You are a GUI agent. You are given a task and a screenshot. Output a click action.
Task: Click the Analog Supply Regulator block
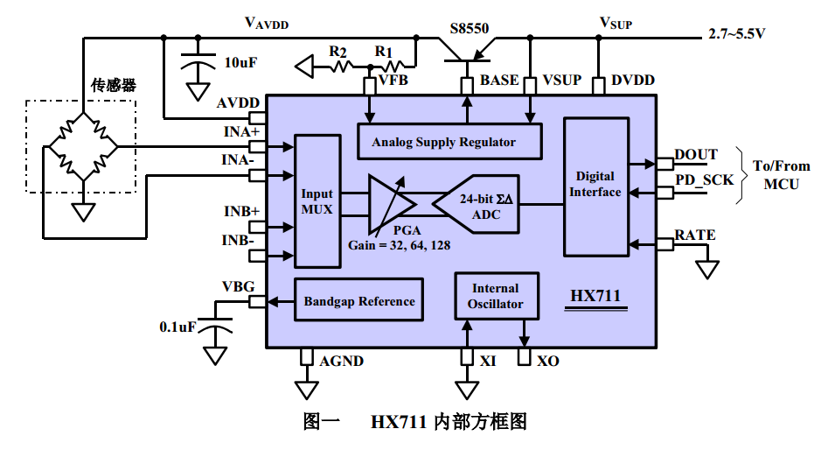coord(449,142)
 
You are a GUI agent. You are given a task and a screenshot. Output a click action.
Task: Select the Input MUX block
coord(317,201)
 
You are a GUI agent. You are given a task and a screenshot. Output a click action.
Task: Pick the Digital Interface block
coord(597,185)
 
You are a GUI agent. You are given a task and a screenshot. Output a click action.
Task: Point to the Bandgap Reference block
coord(358,301)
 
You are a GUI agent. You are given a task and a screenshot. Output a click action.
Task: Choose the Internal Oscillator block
coord(495,296)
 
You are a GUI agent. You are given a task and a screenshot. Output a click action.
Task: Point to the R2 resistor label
coord(338,51)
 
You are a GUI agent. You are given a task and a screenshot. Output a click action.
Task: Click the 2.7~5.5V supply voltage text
coord(737,34)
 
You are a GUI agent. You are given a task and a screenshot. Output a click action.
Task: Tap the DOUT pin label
coord(696,154)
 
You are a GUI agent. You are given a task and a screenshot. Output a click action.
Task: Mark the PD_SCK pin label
coord(705,179)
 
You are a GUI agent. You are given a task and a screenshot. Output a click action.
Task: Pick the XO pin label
coord(548,361)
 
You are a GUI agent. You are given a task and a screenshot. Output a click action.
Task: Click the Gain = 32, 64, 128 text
coord(399,245)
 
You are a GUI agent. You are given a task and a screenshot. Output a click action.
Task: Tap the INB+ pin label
coord(241,212)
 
